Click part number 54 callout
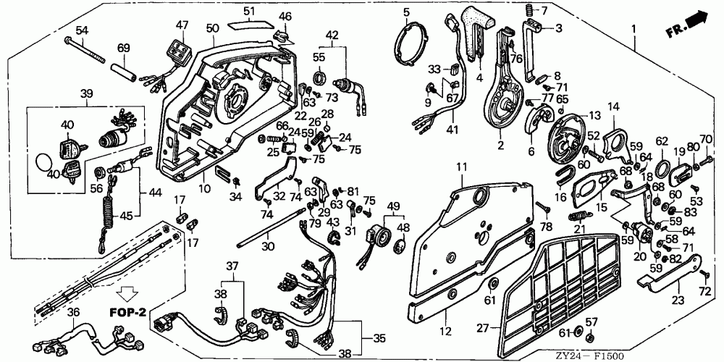[x=82, y=30]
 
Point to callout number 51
[x=249, y=11]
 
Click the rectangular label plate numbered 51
[x=247, y=23]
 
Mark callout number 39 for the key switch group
[x=86, y=94]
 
